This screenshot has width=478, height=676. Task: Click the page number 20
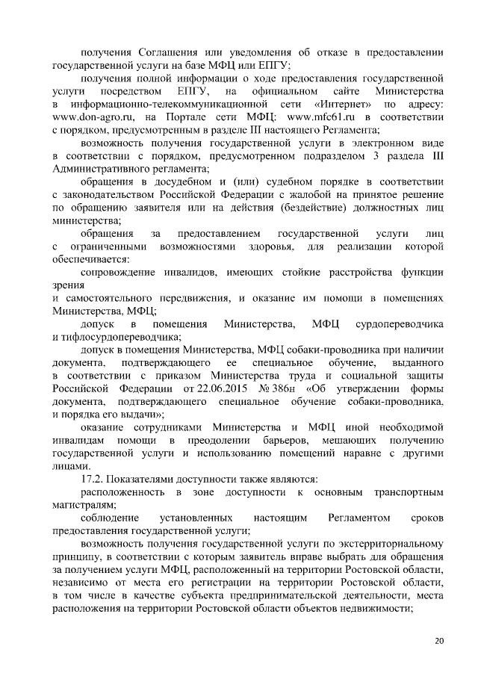click(x=438, y=640)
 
